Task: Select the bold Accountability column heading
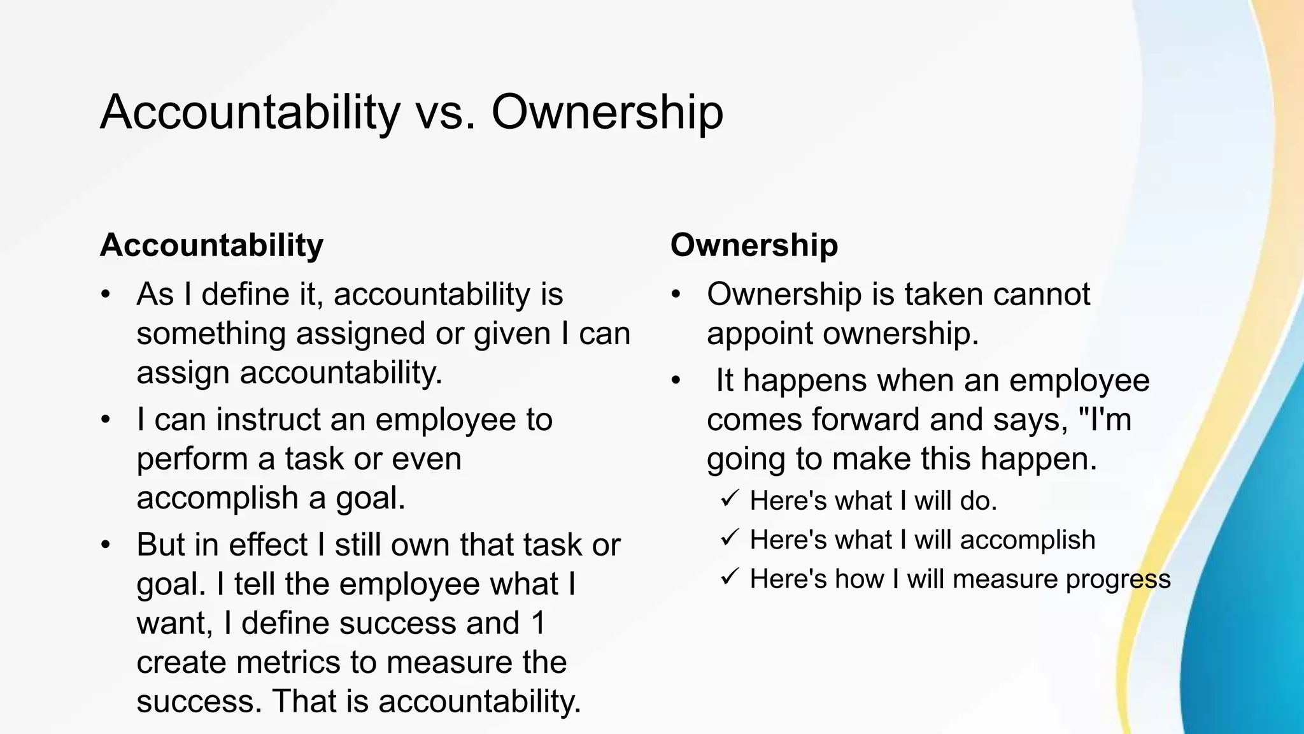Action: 211,245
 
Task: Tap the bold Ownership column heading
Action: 754,245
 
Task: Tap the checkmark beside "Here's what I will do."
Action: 730,499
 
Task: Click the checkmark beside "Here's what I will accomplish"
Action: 730,538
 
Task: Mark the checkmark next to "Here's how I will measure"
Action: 730,578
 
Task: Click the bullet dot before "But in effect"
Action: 106,546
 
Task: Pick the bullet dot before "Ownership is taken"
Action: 676,295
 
